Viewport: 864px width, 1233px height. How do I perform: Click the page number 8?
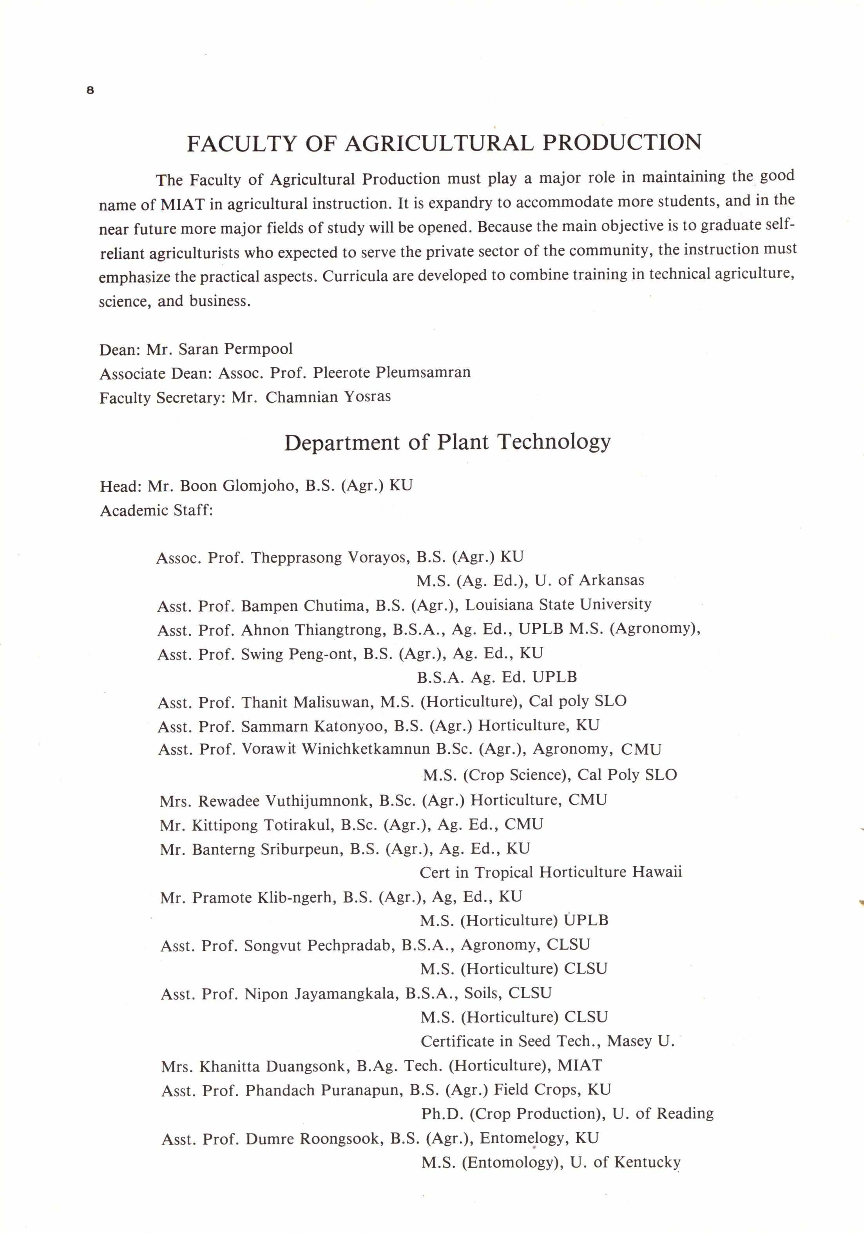[x=90, y=90]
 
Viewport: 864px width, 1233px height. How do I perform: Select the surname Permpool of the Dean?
[x=258, y=349]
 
